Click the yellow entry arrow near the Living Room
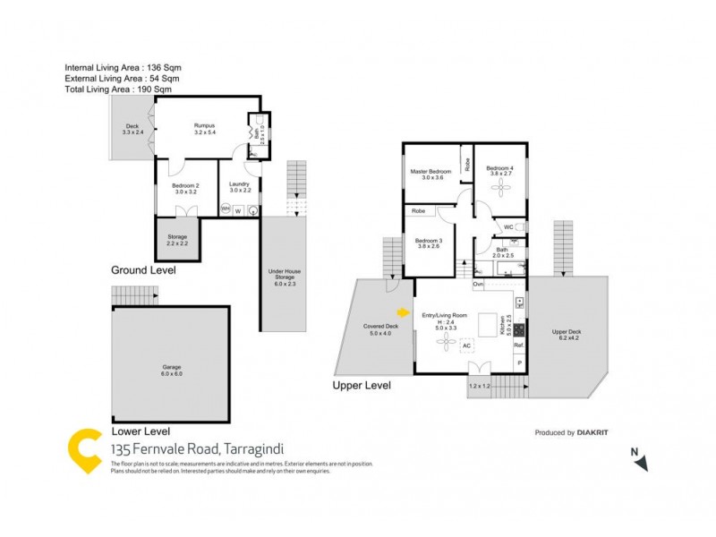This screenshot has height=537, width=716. tap(403, 312)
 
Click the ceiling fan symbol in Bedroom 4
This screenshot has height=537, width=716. tap(500, 187)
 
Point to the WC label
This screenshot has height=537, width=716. tap(508, 227)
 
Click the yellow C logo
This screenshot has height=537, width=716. tap(87, 451)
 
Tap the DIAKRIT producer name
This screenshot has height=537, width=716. tap(592, 432)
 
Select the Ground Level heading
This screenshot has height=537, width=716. tap(143, 269)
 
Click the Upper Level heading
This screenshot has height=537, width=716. tap(362, 386)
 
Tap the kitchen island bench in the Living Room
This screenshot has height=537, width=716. tap(488, 322)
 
